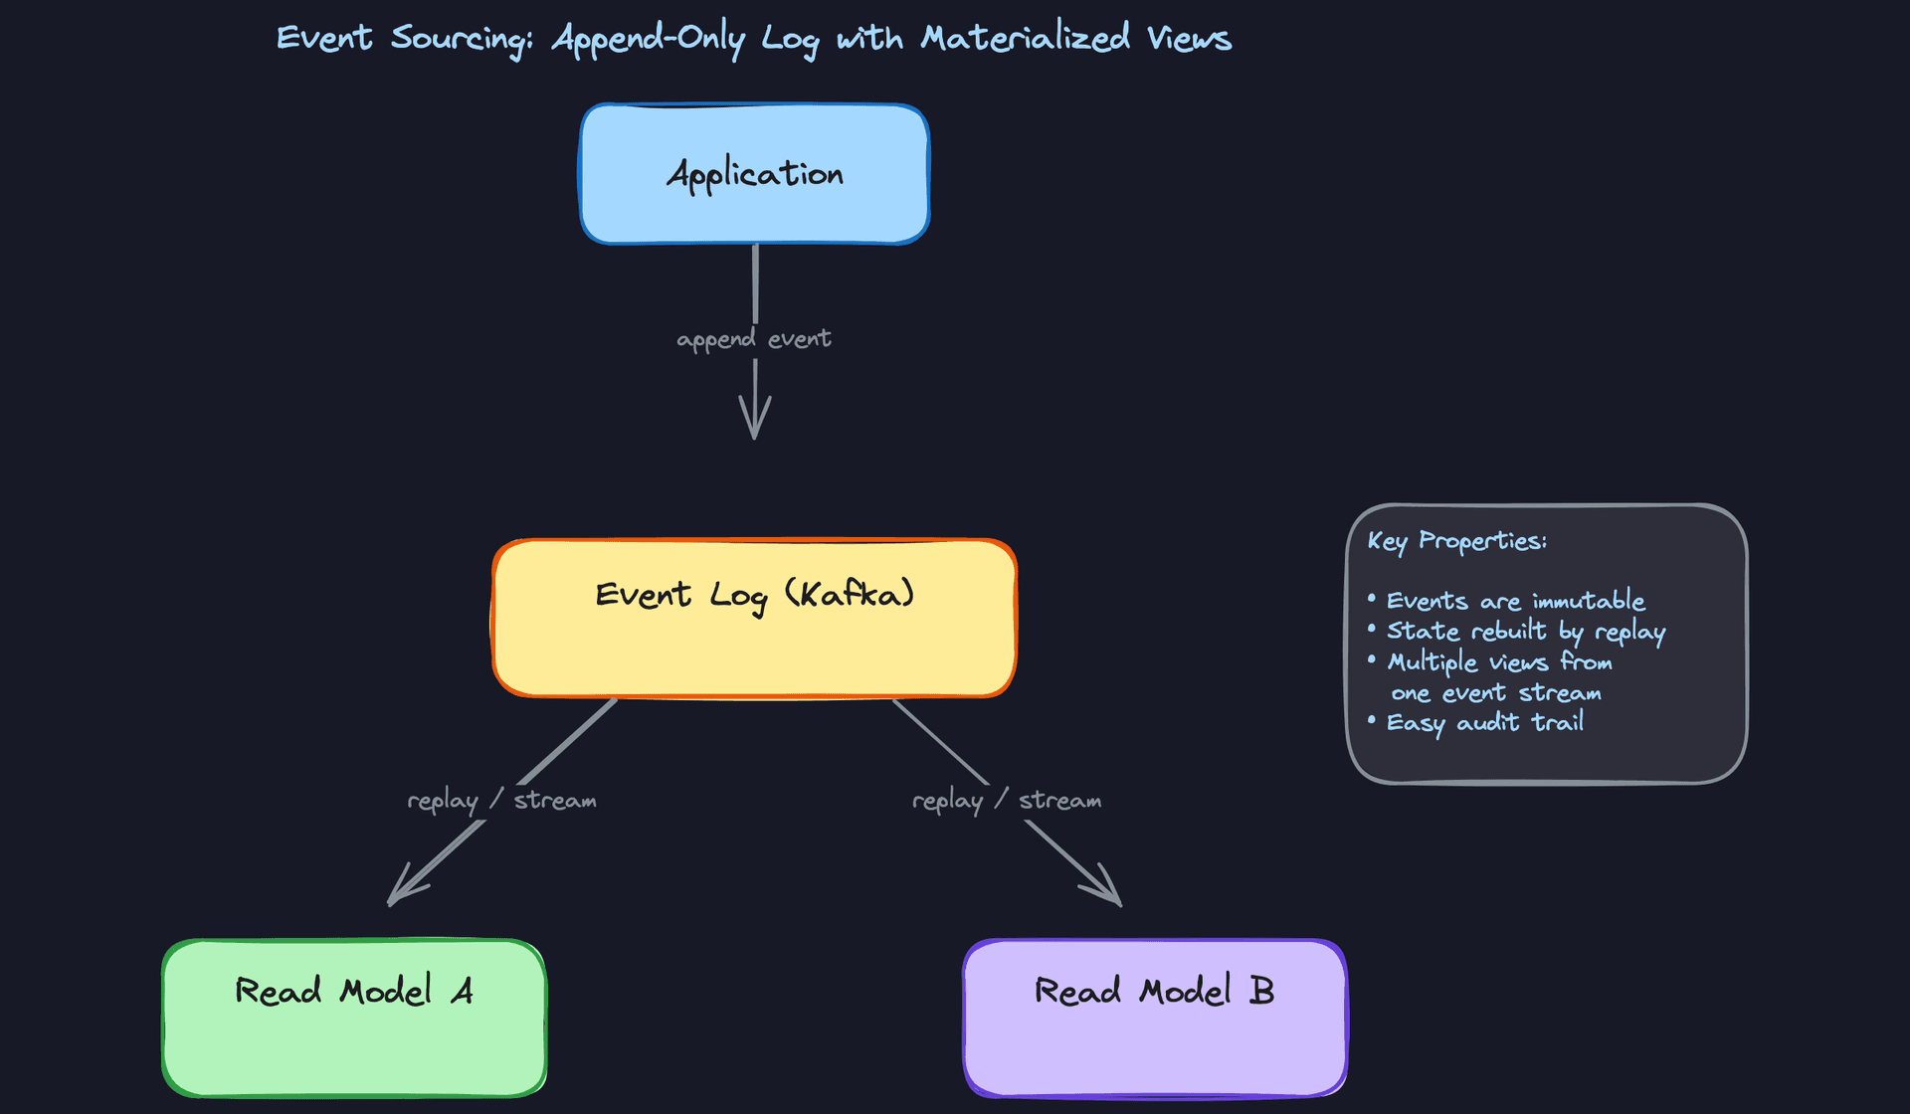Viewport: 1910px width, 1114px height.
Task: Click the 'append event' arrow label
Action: [754, 339]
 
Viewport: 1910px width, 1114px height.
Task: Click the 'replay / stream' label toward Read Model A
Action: [501, 801]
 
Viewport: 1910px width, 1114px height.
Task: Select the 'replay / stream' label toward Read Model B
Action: [1007, 801]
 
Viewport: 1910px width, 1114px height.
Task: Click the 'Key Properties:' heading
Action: [1456, 541]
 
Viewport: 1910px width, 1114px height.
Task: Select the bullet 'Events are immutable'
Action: [1514, 601]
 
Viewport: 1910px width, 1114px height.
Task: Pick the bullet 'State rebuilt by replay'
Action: [1525, 632]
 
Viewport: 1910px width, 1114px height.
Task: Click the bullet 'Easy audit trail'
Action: [1484, 723]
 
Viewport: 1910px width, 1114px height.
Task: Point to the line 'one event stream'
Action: [1495, 693]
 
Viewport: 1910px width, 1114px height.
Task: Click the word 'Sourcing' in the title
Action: [461, 39]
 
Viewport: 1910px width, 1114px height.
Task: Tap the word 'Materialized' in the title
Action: [1025, 39]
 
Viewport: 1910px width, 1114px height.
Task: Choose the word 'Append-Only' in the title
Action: [648, 39]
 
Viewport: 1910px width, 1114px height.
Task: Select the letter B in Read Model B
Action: [1261, 991]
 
